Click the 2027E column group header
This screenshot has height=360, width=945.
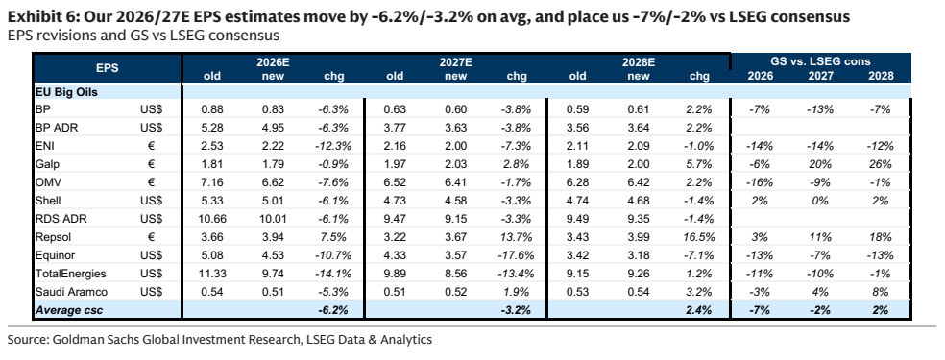pos(455,62)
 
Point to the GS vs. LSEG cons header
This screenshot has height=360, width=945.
pos(821,61)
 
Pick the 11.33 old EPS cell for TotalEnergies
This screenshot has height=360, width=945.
pos(212,274)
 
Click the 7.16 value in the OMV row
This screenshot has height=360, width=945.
pos(212,182)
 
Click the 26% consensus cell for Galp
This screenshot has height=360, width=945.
pos(880,164)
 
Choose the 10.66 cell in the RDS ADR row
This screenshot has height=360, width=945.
pos(212,219)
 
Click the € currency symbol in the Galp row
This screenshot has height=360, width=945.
pos(151,164)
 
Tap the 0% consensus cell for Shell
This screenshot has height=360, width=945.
pos(821,201)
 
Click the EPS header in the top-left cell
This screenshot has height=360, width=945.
pos(108,68)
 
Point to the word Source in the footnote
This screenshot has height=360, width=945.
pos(27,340)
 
